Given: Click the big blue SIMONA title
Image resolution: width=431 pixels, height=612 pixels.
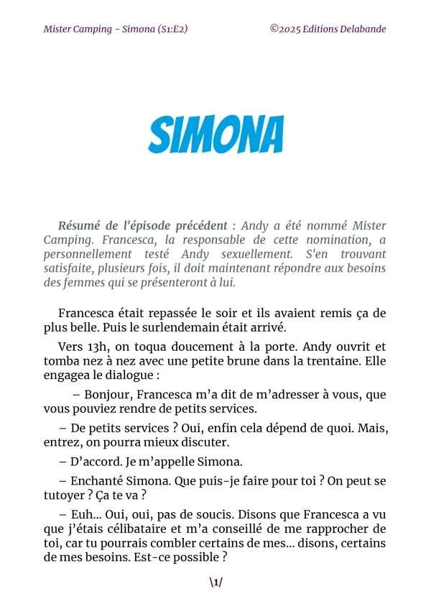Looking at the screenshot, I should click(215, 133).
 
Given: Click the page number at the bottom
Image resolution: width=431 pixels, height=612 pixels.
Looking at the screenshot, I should click(215, 583).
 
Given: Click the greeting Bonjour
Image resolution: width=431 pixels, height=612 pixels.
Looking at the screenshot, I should click(107, 394).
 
